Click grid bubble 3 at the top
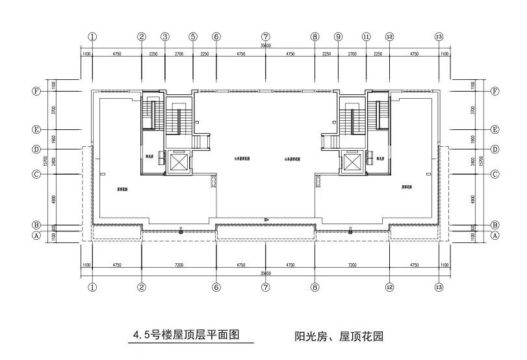pos(165,37)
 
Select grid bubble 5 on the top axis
pos(192,37)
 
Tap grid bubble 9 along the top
pos(338,37)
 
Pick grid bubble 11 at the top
pos(366,37)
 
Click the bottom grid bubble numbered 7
pos(266,287)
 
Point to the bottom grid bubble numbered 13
pos(439,287)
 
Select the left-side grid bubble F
pos(36,92)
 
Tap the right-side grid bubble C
pos(495,174)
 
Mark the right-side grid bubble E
pos(495,130)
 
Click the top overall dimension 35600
pos(266,47)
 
